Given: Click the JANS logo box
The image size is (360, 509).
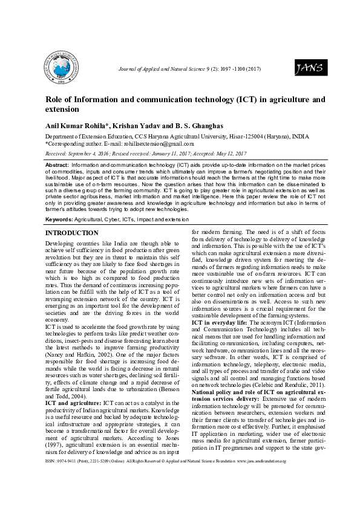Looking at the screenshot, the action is click(309, 70).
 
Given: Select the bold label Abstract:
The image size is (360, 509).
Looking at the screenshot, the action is click(57, 165).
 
